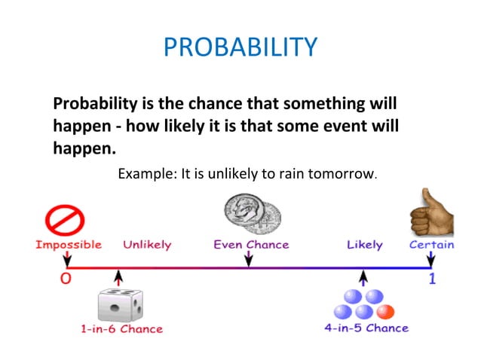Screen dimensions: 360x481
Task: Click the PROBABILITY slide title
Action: coord(240,47)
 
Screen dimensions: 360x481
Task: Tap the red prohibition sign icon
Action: coord(65,221)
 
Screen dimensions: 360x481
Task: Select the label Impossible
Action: coord(68,245)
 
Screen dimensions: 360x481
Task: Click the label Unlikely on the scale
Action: coord(147,245)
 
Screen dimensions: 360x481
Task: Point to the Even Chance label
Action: coord(251,245)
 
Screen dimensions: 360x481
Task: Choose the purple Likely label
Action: coord(364,245)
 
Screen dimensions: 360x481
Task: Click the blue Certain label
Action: coord(431,245)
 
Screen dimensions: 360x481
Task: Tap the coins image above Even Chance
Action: coord(253,215)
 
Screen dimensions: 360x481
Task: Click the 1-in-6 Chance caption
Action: coord(122,329)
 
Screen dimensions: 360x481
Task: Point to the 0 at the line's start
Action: coord(66,279)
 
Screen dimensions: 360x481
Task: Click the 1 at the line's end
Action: coord(432,279)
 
